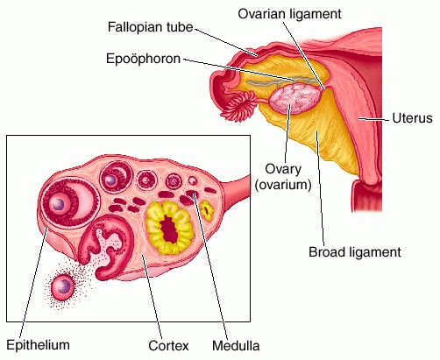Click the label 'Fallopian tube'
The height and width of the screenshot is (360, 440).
click(x=150, y=27)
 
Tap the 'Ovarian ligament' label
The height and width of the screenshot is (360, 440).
click(x=289, y=13)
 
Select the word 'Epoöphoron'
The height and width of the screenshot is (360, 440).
click(x=143, y=59)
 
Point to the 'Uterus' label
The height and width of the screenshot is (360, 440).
click(x=412, y=118)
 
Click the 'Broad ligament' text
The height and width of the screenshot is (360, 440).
click(x=355, y=252)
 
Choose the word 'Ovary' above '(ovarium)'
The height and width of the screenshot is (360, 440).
click(x=283, y=169)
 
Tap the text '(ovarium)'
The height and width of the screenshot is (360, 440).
click(x=283, y=185)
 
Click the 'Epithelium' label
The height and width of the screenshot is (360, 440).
click(x=38, y=345)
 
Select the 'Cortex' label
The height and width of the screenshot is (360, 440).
click(x=168, y=346)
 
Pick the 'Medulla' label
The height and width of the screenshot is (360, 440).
click(x=236, y=346)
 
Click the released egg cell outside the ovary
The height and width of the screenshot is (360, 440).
click(x=62, y=287)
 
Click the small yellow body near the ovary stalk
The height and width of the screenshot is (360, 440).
click(x=207, y=210)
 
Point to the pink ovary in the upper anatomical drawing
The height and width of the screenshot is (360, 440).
click(x=295, y=98)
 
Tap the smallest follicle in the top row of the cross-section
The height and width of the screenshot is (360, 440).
click(x=193, y=181)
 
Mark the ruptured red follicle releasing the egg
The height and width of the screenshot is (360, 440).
click(x=107, y=247)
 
